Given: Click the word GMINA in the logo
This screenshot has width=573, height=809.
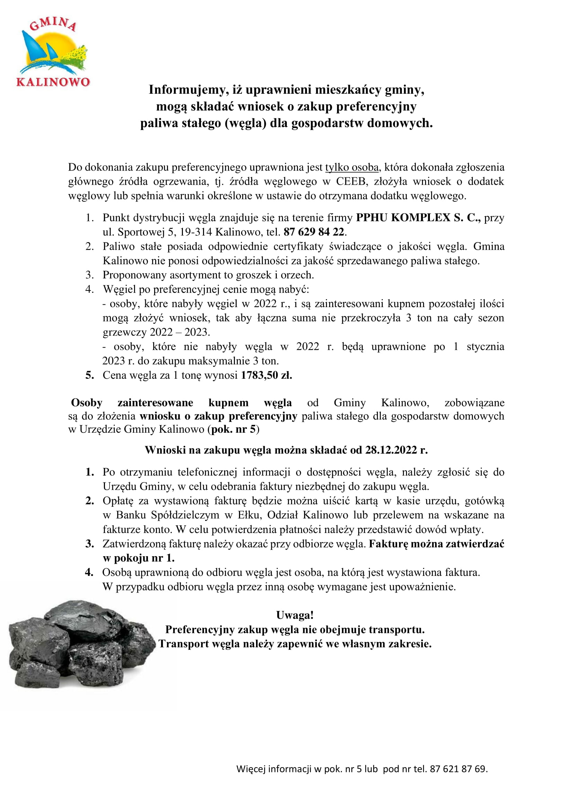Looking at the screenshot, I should tap(53, 24).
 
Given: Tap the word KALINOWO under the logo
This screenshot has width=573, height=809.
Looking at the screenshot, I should tap(53, 82).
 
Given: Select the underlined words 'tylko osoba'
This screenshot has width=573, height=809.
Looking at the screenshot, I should tap(352, 167).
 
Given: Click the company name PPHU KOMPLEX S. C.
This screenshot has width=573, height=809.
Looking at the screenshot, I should tap(418, 218).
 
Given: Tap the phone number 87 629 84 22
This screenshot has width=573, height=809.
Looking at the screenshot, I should tap(314, 232).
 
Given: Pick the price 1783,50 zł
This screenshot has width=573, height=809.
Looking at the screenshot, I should tap(266, 375).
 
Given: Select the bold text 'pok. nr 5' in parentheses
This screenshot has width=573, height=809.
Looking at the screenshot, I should tap(233, 429).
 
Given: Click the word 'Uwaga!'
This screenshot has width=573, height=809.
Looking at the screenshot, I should tap(294, 615).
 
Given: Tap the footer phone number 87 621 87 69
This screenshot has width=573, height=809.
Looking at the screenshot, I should tap(458, 769).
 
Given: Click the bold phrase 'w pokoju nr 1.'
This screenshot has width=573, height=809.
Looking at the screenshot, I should tap(139, 558).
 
